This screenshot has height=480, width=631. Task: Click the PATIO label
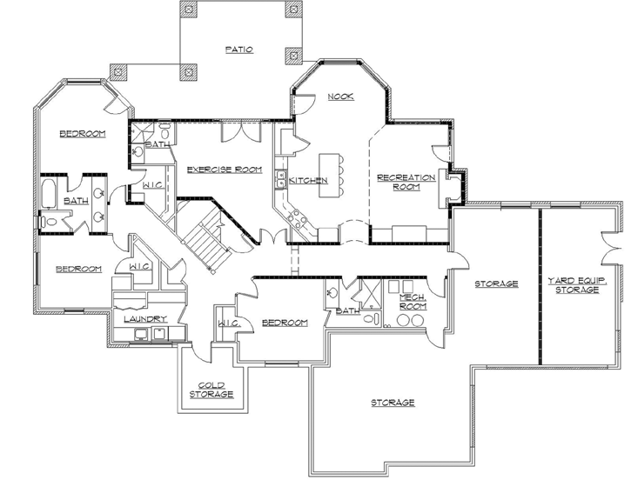click(238, 50)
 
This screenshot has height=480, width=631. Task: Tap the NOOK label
click(340, 97)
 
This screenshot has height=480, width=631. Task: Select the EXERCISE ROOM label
click(225, 169)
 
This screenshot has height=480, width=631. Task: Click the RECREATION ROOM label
click(406, 182)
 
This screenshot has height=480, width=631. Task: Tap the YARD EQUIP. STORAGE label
click(573, 284)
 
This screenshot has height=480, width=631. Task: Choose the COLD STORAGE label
click(211, 390)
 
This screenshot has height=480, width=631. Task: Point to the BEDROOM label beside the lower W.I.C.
click(285, 323)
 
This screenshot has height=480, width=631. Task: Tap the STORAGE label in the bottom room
click(393, 403)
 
